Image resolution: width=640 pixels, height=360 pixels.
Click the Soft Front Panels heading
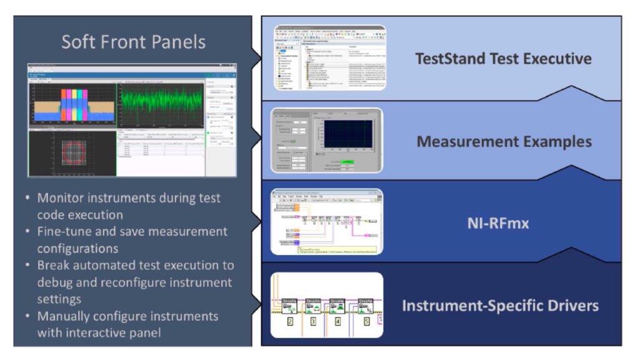[133, 42]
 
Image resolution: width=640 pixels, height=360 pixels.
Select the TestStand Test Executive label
[503, 59]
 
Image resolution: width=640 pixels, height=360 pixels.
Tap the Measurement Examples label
[504, 141]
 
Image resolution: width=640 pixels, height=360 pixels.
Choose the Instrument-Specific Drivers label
[500, 306]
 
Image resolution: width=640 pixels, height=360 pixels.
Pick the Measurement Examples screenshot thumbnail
[326, 141]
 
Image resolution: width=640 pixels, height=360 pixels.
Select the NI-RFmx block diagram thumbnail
[326, 222]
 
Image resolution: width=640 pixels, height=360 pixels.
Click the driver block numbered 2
[290, 322]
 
